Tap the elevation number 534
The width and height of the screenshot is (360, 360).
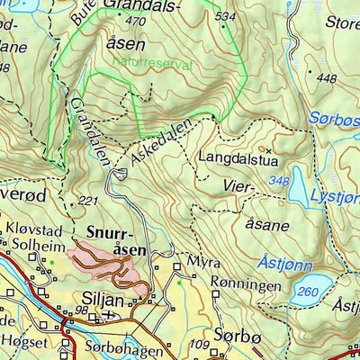pos(225,17)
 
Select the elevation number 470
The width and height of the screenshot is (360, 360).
pos(136,21)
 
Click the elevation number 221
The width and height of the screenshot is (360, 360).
pos(87,200)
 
